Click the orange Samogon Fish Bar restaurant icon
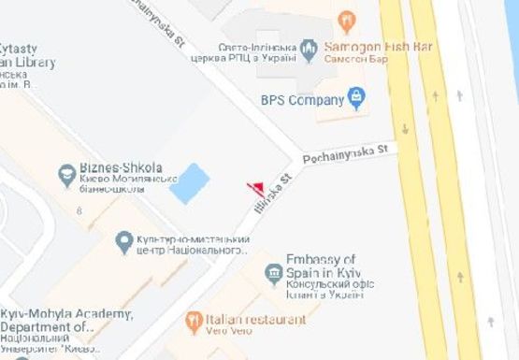pos(347,22)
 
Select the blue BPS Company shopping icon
pos(355,95)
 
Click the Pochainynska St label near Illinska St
pos(349,153)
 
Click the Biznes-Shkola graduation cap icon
pos(66,174)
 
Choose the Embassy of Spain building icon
pos(273,272)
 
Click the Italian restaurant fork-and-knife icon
pos(193,323)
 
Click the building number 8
pos(80,211)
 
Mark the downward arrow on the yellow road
pos(404,129)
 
